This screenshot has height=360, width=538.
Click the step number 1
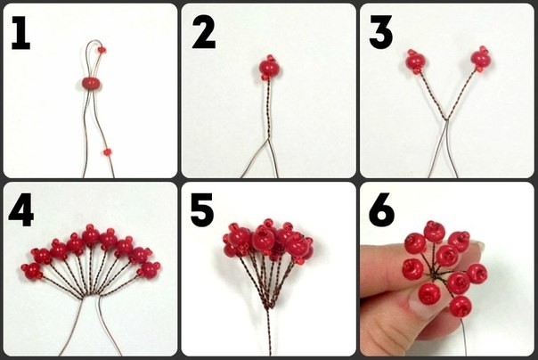click(21, 34)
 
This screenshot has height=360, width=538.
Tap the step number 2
click(204, 33)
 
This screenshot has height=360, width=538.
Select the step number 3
click(381, 33)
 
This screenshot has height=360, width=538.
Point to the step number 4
click(21, 210)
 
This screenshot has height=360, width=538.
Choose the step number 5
click(202, 210)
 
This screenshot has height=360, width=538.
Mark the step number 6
click(381, 210)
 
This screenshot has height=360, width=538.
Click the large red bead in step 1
click(91, 83)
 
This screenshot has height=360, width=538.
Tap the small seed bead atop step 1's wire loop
click(102, 50)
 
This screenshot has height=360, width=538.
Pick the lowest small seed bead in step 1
click(108, 151)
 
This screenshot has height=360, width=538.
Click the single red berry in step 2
click(269, 67)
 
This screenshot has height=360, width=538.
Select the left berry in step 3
click(415, 61)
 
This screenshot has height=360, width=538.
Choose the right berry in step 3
click(481, 59)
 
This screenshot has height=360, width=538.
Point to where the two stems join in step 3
click(445, 119)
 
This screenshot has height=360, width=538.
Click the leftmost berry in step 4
click(32, 270)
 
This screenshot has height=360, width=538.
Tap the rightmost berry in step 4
click(150, 269)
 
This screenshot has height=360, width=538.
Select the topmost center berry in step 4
click(91, 235)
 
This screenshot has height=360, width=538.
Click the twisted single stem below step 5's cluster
click(269, 330)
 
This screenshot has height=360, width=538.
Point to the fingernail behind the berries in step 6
click(477, 245)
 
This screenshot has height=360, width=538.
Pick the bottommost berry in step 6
click(461, 307)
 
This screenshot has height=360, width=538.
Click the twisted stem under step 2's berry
click(269, 110)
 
